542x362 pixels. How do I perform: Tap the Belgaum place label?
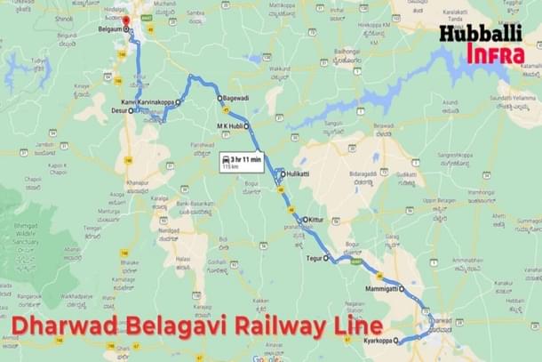[109, 29]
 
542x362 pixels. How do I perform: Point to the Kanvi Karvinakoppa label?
[152, 102]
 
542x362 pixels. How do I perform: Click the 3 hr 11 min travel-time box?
[242, 161]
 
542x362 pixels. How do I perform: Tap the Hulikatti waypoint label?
[299, 175]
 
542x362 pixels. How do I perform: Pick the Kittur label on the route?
[317, 220]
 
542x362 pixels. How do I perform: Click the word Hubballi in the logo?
[479, 36]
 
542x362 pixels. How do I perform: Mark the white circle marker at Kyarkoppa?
[399, 342]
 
